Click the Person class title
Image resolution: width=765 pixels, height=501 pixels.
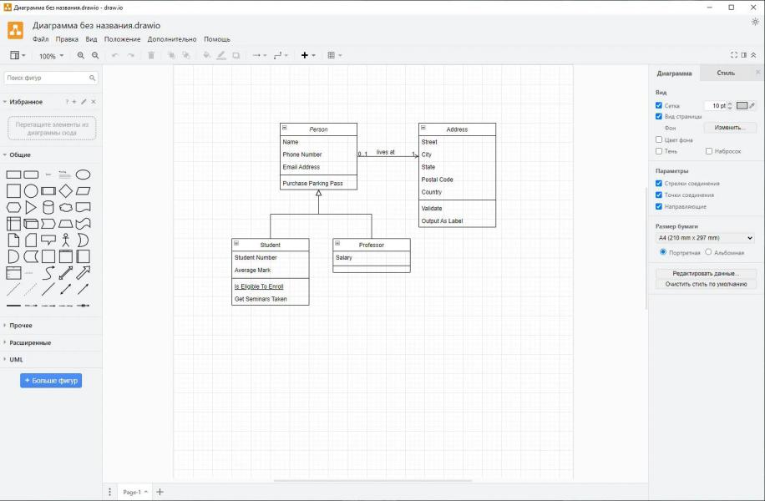coord(318,129)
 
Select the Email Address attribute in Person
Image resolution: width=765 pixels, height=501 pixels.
coord(301,167)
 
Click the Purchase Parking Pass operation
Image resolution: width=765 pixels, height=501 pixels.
coord(312,184)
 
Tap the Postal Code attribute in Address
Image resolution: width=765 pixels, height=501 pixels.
coord(437,180)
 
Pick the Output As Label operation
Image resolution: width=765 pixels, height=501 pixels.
coord(442,221)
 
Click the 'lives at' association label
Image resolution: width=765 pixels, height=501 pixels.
coord(386,152)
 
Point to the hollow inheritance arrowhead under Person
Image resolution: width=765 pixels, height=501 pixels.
coord(318,193)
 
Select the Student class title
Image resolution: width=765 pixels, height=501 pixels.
coord(271,245)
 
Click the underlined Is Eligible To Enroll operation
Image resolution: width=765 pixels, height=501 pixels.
coord(259,286)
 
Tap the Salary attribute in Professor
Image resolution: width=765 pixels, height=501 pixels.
coord(343,257)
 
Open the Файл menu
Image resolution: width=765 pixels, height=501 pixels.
coord(40,39)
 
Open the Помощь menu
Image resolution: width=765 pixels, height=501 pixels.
coord(217,39)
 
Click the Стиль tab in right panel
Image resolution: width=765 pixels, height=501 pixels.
coord(726,73)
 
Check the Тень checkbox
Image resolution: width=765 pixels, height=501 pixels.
coord(659,151)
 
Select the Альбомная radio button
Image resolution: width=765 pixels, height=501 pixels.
coord(708,251)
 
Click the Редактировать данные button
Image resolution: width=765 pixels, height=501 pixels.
coord(706,273)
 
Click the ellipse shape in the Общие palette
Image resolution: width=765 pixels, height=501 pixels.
coord(83,175)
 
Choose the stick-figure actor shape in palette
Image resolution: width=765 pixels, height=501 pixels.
coord(66,240)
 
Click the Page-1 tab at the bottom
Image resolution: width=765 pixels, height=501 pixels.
coord(132,492)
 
